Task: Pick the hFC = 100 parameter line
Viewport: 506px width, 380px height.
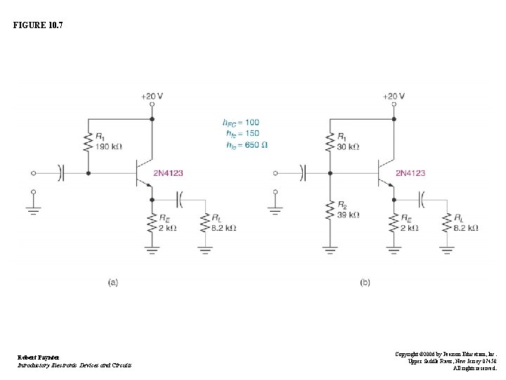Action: pos(241,122)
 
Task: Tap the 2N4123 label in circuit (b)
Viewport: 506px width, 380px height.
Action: pos(410,172)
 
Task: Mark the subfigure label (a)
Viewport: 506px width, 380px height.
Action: pos(113,282)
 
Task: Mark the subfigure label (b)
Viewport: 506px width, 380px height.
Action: pos(365,282)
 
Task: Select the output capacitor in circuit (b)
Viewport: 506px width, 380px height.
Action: pos(422,201)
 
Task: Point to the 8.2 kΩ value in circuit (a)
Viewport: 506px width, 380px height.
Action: pos(225,228)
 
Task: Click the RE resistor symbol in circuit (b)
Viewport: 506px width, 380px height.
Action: pos(393,224)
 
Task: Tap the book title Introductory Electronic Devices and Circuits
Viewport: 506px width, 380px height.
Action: pos(74,365)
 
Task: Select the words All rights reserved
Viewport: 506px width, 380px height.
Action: pos(474,368)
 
